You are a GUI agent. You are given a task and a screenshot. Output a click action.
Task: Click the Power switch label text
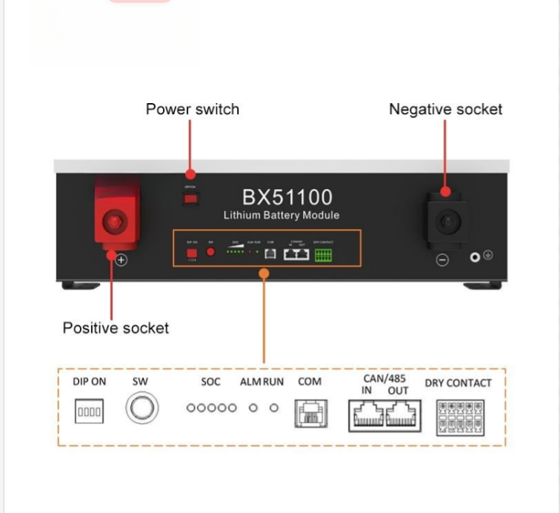tap(192, 109)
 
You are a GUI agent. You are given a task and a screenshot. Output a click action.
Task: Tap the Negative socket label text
tap(445, 109)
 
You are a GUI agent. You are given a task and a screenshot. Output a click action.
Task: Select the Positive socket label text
tap(116, 328)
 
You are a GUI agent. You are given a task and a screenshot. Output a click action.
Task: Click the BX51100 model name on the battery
tap(287, 197)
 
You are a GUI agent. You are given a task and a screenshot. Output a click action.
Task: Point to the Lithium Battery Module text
tap(281, 216)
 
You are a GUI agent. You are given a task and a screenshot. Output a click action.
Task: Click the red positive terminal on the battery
tap(116, 221)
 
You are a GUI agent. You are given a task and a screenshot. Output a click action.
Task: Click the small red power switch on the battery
tap(191, 199)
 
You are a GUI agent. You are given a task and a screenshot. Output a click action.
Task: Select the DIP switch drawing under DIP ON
tap(89, 411)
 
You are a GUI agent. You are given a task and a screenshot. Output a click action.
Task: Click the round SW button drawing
tap(141, 408)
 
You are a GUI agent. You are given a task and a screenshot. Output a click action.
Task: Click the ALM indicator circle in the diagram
tap(253, 408)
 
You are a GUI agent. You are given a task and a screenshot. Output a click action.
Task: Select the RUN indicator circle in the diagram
tap(273, 408)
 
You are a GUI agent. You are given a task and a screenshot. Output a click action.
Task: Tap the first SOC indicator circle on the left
tap(190, 408)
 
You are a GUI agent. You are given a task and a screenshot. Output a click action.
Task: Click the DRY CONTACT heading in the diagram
tap(458, 383)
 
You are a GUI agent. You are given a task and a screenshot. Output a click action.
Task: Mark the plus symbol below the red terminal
tap(121, 260)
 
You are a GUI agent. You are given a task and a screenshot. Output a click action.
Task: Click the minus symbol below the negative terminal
tap(441, 260)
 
